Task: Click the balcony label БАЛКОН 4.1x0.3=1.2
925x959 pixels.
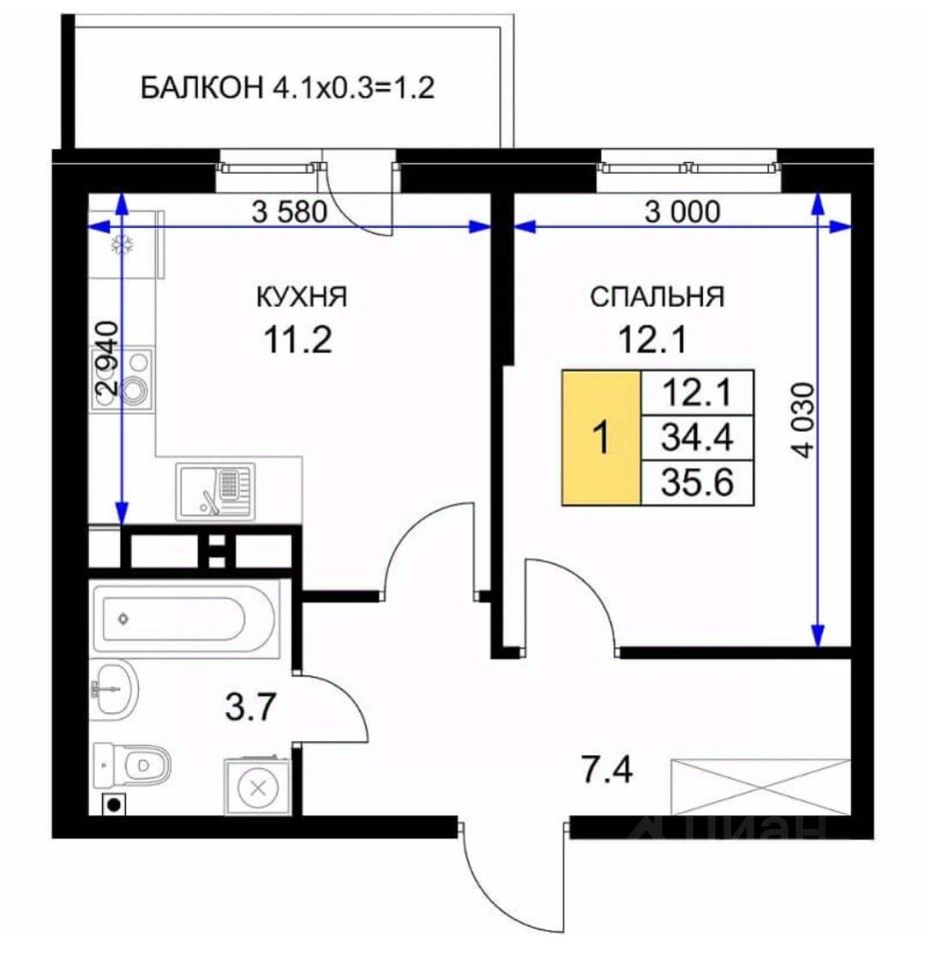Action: [x=288, y=88]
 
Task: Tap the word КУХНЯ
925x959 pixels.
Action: [x=302, y=297]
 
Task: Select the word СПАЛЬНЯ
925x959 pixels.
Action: [x=657, y=297]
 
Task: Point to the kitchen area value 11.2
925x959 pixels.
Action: [x=298, y=340]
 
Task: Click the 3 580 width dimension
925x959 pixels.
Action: [x=290, y=212]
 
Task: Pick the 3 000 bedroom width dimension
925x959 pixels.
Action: [x=682, y=212]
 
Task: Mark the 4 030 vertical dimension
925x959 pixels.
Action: [x=804, y=421]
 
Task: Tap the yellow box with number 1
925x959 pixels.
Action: [x=601, y=438]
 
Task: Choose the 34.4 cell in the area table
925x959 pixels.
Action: [x=697, y=438]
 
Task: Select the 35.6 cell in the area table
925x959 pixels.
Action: [x=697, y=482]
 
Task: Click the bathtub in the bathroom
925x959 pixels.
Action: [x=185, y=618]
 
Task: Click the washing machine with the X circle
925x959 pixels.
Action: [x=257, y=786]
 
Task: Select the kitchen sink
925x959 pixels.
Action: [x=216, y=491]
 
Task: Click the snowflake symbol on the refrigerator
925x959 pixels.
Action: [x=122, y=246]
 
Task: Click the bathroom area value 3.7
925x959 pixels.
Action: [x=251, y=706]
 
